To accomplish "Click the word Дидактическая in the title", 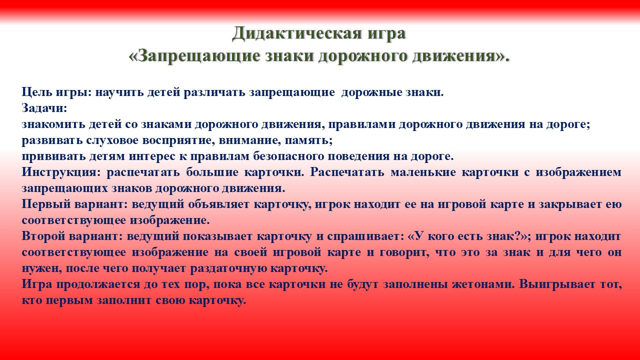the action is [295, 34].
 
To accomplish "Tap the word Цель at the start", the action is [35, 92].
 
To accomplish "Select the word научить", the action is [119, 92].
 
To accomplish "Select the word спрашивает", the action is [364, 236].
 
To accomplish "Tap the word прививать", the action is [53, 156].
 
